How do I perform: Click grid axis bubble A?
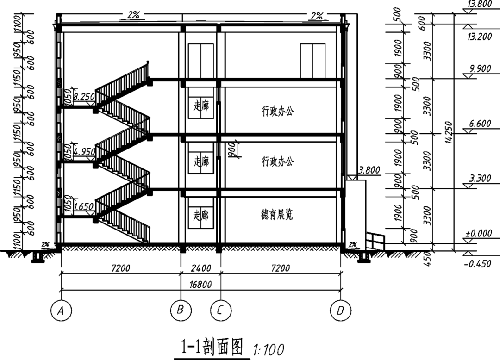coord(60,311)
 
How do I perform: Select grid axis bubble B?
coord(180,310)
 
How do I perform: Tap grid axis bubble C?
coord(220,310)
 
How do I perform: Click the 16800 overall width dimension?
coord(200,285)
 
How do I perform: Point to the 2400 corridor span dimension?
coord(200,268)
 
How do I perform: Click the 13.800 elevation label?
coord(479,5)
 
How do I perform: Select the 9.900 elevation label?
coord(479,69)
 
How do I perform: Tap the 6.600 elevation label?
coord(479,124)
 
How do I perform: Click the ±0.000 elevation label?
coord(479,233)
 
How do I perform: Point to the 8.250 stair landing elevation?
coord(84,97)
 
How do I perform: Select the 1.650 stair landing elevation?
coord(84,205)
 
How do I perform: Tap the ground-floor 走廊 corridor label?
coord(201,215)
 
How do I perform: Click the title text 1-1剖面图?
coord(212,347)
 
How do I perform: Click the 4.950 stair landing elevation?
coord(84,151)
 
